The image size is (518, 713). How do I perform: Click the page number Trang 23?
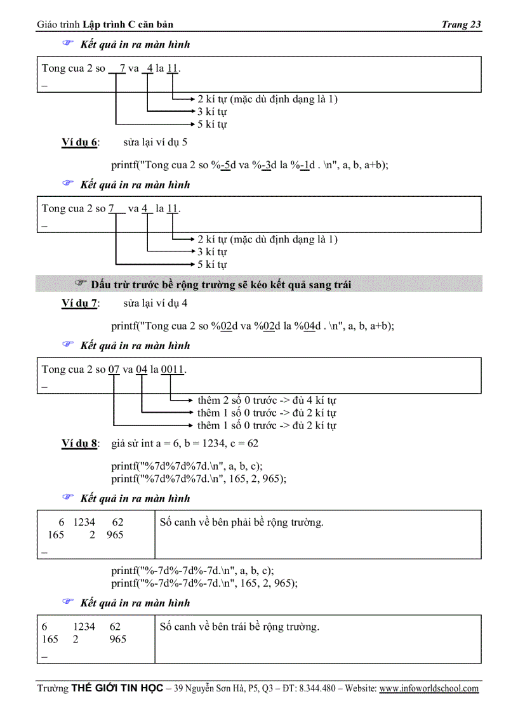461,25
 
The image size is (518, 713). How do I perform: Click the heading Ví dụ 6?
79,142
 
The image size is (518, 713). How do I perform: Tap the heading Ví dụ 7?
79,303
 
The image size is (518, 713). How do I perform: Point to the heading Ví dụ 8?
79,443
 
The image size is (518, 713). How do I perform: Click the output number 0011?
171,370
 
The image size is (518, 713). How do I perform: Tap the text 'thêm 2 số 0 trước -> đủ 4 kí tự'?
267,401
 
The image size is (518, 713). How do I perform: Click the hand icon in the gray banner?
80,283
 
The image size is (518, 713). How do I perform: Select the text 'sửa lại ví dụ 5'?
155,142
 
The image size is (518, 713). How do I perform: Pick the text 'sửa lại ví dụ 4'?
155,303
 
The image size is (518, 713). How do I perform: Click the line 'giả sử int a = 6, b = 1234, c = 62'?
184,443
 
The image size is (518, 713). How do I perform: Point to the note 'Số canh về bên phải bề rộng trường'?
242,523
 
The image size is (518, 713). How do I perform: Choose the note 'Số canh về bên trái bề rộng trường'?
239,627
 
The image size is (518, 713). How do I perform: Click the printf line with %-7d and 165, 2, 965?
204,583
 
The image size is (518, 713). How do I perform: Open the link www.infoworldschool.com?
429,688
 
